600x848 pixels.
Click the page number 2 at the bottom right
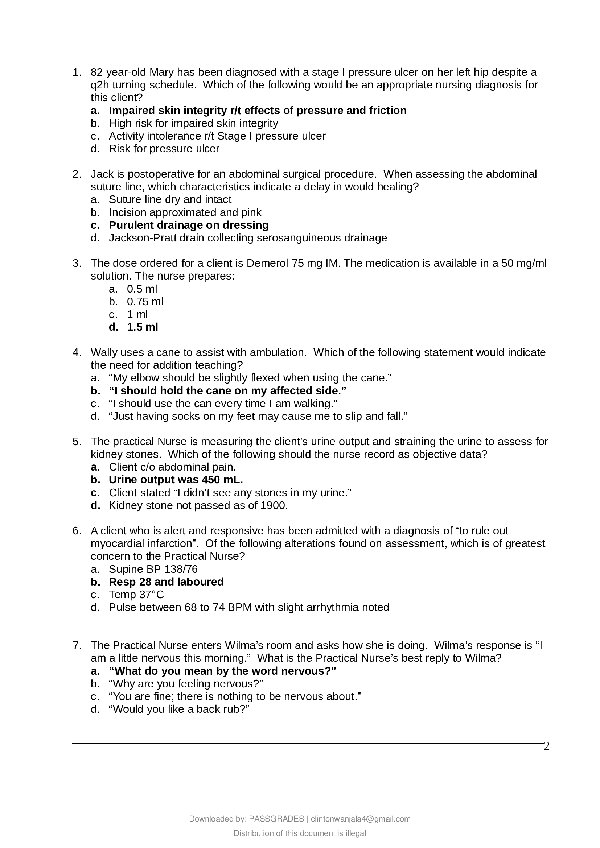coord(547,746)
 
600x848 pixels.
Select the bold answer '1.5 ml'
coord(142,327)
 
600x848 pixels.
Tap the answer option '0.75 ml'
coord(145,301)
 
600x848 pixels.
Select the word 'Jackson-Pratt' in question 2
coord(143,238)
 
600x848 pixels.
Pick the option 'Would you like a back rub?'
coord(179,709)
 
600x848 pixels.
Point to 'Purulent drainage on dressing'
coord(188,225)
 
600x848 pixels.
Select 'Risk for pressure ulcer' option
coord(164,149)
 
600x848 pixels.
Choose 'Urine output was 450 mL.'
coord(176,480)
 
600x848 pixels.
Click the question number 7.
coord(77,645)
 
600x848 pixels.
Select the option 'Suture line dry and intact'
coord(170,199)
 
